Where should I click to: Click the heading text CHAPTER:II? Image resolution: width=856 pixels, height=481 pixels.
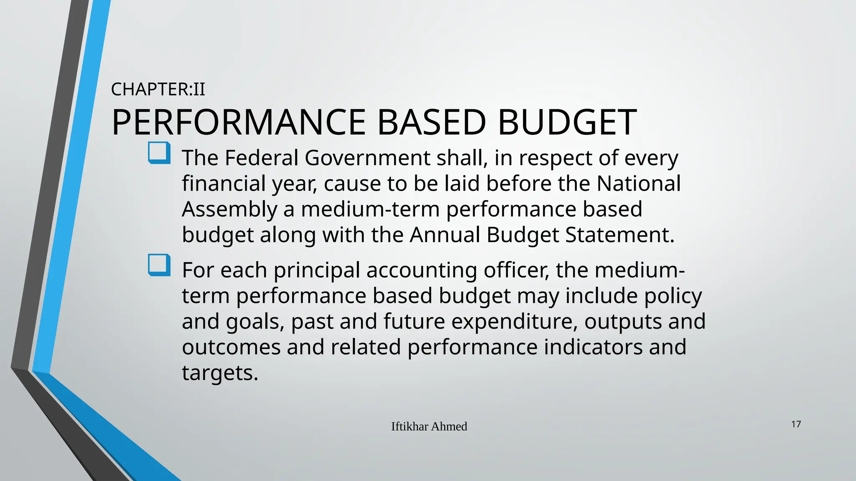pos(158,89)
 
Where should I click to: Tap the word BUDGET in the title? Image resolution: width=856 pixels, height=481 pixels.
pos(567,122)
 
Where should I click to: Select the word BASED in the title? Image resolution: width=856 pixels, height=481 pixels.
pos(431,122)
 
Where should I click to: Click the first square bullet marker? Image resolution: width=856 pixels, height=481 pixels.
pos(159,153)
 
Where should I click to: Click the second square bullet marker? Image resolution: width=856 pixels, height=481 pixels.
pos(159,265)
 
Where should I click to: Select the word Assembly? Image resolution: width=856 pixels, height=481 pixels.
pos(229,209)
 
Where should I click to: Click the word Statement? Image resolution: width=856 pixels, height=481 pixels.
pos(619,235)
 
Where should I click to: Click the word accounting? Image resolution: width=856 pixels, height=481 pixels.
pos(422,270)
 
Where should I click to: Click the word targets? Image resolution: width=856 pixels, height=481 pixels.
pos(220,373)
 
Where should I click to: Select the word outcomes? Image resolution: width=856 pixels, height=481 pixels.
pos(231,347)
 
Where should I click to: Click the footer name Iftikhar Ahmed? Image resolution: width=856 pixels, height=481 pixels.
pos(429,426)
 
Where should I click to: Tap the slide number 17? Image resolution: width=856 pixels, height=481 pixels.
pos(796,424)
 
